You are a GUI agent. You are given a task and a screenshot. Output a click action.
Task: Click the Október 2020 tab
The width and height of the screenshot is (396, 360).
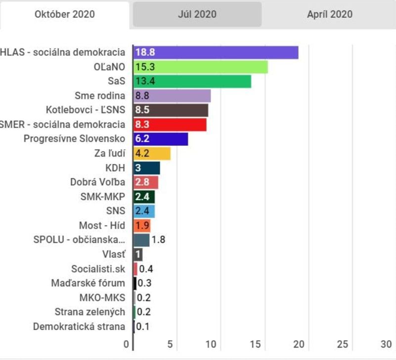(x=65, y=14)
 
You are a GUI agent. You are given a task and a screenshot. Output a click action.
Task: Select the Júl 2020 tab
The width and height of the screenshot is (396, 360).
(x=197, y=14)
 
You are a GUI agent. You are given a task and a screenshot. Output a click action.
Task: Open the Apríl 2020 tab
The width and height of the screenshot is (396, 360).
(x=330, y=14)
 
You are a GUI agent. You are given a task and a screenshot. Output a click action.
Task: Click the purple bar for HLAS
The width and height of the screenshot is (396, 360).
(x=216, y=52)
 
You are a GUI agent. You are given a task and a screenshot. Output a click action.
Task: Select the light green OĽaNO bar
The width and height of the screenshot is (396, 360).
(x=200, y=67)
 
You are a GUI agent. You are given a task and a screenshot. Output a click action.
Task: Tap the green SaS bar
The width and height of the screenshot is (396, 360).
(x=192, y=81)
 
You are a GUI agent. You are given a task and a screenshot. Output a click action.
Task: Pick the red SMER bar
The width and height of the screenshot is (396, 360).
(x=170, y=124)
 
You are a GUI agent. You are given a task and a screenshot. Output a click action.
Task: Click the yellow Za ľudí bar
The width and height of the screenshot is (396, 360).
(x=152, y=153)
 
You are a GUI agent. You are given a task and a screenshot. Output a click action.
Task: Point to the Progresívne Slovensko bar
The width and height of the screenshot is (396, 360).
(x=161, y=139)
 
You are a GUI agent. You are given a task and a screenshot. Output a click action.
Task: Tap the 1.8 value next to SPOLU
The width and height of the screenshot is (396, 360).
(x=158, y=240)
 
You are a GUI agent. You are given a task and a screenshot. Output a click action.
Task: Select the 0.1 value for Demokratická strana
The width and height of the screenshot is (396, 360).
(x=143, y=326)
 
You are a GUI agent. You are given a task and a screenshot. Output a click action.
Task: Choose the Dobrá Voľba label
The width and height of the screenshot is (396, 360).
(x=97, y=182)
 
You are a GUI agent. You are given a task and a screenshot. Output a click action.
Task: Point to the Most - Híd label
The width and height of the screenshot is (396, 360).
(x=102, y=226)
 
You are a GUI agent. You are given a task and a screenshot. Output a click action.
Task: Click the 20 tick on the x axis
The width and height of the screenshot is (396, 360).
(x=299, y=344)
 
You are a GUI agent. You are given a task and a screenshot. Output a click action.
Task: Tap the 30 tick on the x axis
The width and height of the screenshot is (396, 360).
(x=386, y=344)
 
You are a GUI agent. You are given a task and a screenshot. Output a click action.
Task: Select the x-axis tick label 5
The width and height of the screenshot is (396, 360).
(x=170, y=344)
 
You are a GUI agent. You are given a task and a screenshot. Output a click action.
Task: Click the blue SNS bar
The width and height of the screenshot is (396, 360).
(x=144, y=211)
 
